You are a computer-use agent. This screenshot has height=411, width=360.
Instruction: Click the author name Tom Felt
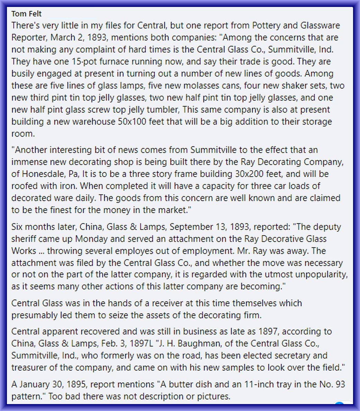tap(26, 14)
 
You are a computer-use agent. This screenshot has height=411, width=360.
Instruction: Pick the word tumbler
tap(161, 110)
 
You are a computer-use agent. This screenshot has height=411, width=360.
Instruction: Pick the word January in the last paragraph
tap(35, 384)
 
